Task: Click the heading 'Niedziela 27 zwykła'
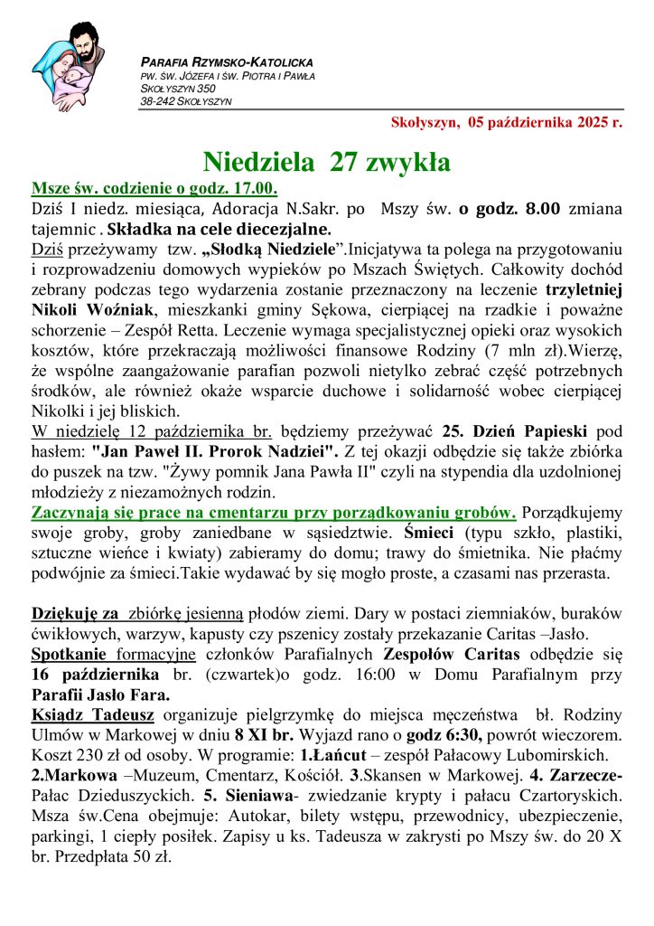pyautogui.click(x=326, y=162)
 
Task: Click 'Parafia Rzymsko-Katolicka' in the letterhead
pyautogui.click(x=227, y=62)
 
